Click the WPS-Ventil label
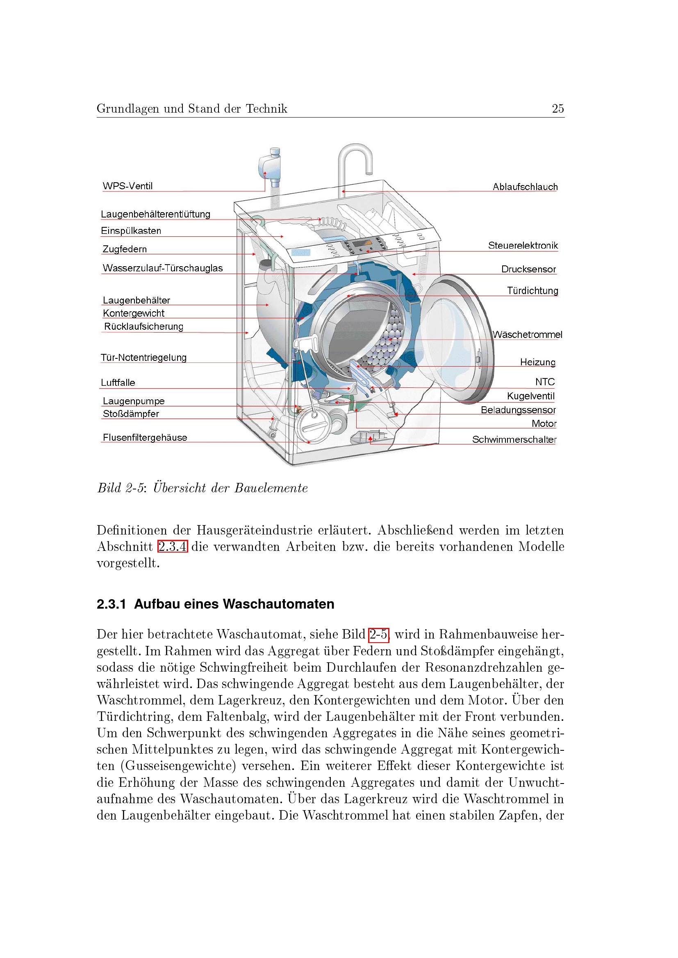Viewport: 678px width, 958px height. pyautogui.click(x=127, y=186)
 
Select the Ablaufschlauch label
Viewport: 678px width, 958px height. pyautogui.click(x=525, y=187)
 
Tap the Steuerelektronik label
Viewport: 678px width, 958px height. pyautogui.click(x=523, y=245)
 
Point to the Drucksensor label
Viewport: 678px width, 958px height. pyautogui.click(x=528, y=269)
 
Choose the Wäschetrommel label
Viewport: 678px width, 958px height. pyautogui.click(x=527, y=335)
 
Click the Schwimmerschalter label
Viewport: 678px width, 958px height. pyautogui.click(x=514, y=439)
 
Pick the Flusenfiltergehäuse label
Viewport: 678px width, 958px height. pyautogui.click(x=145, y=437)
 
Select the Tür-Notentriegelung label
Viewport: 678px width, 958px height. pyautogui.click(x=143, y=358)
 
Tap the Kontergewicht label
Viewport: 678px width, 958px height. pyautogui.click(x=134, y=313)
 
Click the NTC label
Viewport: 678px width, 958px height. pyautogui.click(x=545, y=382)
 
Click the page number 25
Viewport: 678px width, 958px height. pyautogui.click(x=558, y=109)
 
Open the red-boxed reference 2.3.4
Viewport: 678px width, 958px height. pyautogui.click(x=173, y=546)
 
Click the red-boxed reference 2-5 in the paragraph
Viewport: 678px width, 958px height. pyautogui.click(x=379, y=634)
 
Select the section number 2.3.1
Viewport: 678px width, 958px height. pyautogui.click(x=111, y=604)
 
